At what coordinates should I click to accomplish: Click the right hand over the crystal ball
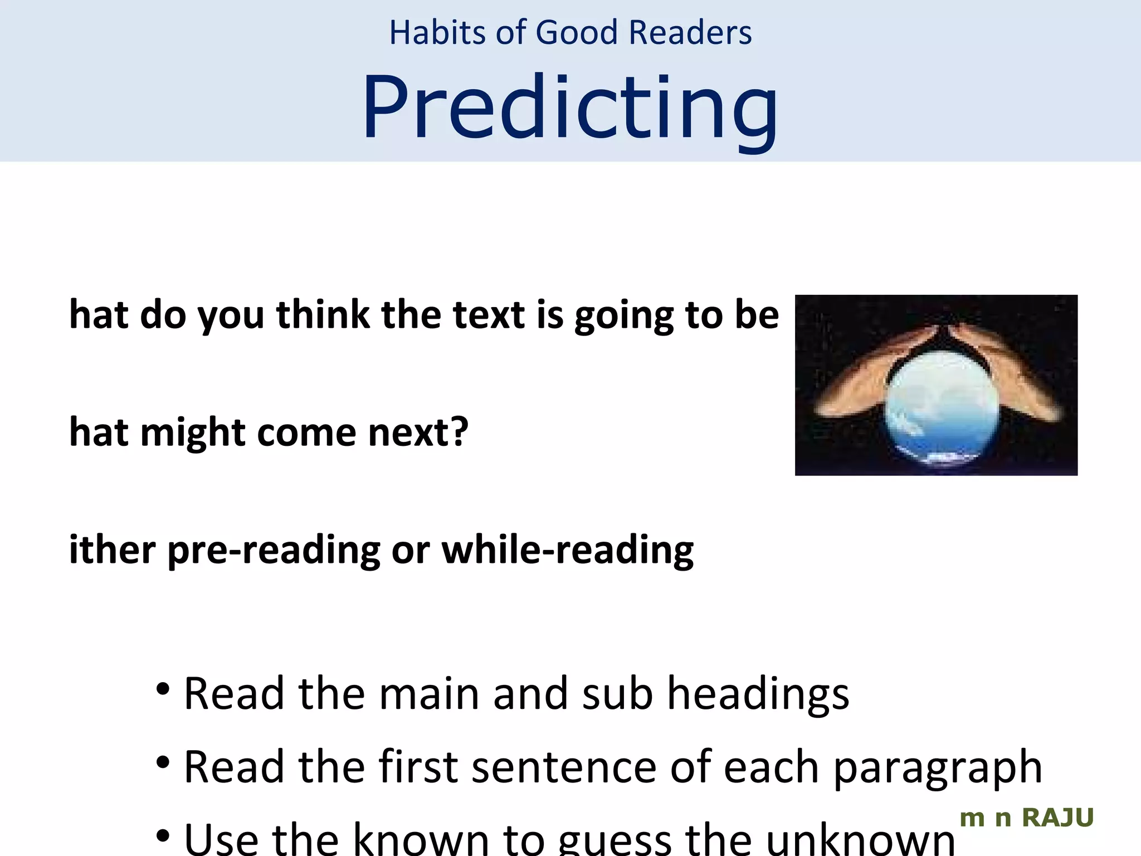[x=1008, y=373]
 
